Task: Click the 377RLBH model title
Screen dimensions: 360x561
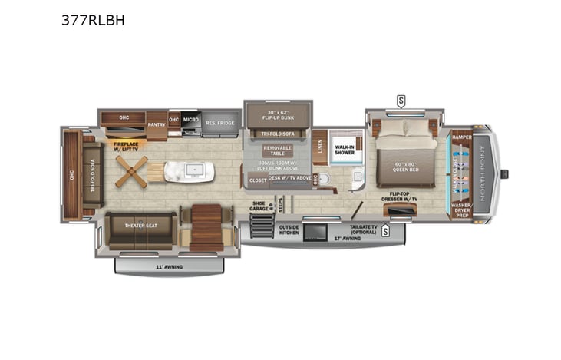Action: pos(93,21)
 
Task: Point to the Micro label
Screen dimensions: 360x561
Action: pos(191,120)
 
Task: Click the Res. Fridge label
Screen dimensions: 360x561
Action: pos(219,123)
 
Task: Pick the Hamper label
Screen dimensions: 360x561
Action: pos(461,137)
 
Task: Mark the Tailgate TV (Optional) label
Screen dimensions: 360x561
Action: pos(363,228)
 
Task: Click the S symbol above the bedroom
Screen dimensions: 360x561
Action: pos(401,100)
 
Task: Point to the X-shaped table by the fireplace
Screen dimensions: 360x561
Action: pos(131,172)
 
